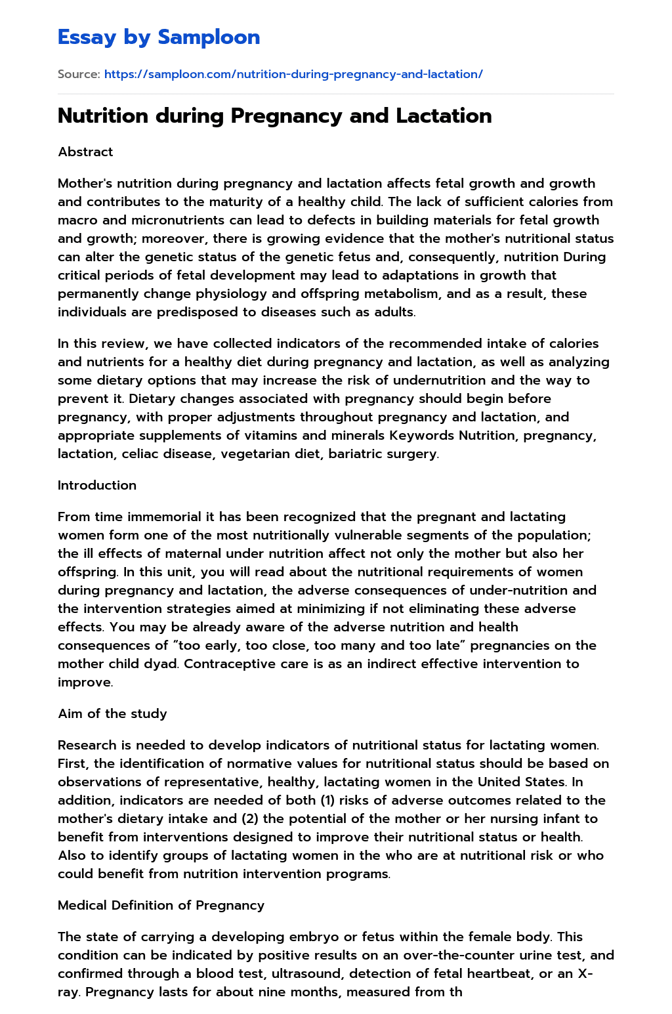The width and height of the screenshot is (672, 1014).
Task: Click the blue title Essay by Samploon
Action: (159, 37)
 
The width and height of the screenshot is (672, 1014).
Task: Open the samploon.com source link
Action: (293, 74)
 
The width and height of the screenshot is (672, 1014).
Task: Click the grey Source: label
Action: (79, 74)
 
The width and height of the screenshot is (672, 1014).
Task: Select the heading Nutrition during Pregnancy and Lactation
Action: (274, 116)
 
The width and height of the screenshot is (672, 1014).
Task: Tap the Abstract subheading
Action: (85, 152)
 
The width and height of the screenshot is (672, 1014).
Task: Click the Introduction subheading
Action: (97, 485)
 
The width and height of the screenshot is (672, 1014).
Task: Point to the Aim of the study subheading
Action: (112, 713)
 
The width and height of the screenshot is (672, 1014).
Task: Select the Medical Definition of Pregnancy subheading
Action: (161, 905)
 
